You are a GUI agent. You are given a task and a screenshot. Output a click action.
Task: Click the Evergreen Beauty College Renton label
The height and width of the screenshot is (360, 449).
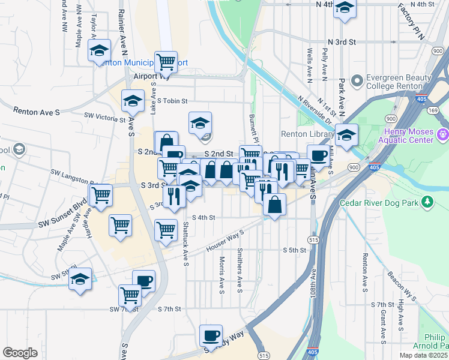pyautogui.click(x=399, y=82)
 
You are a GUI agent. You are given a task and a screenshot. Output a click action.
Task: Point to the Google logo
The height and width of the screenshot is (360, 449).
pyautogui.click(x=20, y=353)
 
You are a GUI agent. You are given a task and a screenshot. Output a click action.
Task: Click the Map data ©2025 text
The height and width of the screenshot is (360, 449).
pyautogui.click(x=423, y=355)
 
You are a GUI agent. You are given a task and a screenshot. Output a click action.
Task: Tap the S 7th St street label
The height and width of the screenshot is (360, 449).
pyautogui.click(x=169, y=309)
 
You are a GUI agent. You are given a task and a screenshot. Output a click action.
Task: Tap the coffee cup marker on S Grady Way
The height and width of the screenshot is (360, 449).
pyautogui.click(x=211, y=334)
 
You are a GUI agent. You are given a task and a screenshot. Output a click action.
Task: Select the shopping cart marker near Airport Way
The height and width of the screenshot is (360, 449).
pyautogui.click(x=165, y=61)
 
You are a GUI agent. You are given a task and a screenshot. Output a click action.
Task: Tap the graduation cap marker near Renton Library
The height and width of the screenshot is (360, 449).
pyautogui.click(x=346, y=134)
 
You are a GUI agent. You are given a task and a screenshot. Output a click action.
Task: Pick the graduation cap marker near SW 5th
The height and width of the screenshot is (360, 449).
pyautogui.click(x=80, y=278)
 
